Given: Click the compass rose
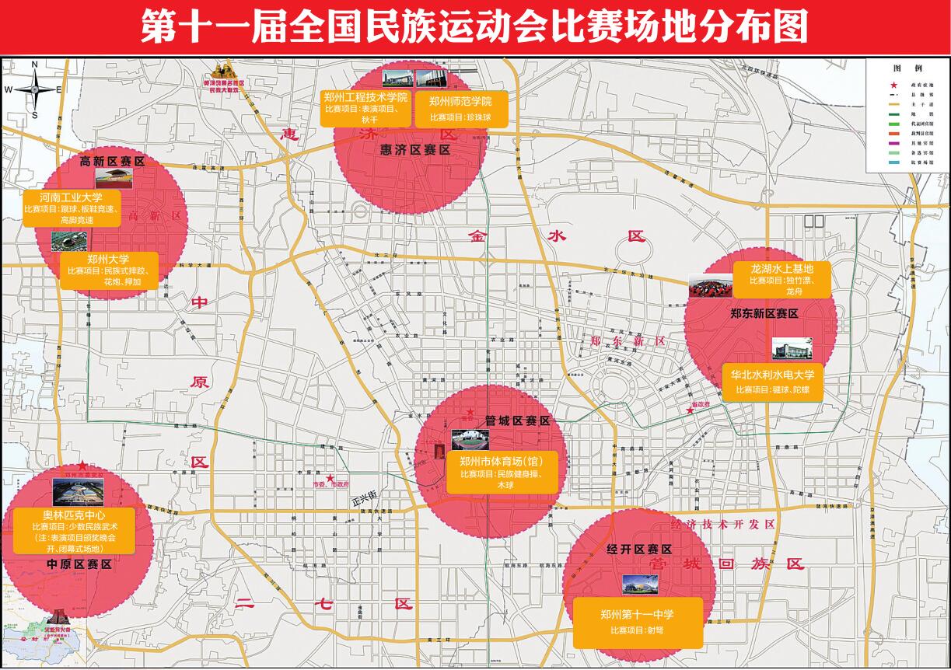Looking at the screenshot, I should [x=34, y=89].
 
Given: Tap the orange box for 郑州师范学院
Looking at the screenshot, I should [x=461, y=110].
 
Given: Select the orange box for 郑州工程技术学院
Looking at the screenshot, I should [x=365, y=108].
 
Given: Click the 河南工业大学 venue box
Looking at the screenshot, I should [x=72, y=208].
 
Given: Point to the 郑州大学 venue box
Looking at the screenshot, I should [x=108, y=270].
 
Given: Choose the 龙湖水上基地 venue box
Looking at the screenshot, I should [x=783, y=279].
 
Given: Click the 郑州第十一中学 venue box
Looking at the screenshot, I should [x=637, y=622].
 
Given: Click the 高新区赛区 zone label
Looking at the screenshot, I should [x=114, y=162].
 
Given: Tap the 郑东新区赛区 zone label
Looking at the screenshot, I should [x=764, y=313].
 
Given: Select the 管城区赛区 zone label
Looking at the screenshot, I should [x=518, y=420].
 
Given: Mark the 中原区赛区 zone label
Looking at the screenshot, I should [x=79, y=564].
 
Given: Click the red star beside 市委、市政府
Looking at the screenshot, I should [x=330, y=479].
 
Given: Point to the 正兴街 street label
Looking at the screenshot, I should [x=364, y=495].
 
